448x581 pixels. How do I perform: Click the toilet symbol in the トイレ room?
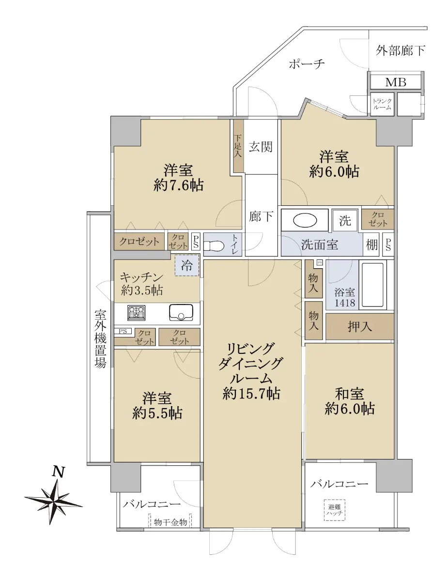[214, 245]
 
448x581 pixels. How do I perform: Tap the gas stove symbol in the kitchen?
[137, 312]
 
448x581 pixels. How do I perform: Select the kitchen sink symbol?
[181, 312]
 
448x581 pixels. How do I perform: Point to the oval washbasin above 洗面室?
[305, 220]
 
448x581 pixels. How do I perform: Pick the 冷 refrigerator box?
[187, 265]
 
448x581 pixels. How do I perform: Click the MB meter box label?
[396, 82]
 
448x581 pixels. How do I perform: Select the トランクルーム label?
[382, 104]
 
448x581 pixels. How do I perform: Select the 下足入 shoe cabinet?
[238, 146]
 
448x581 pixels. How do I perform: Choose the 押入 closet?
[359, 326]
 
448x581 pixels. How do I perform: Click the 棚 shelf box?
[372, 245]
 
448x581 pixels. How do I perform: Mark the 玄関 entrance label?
[261, 147]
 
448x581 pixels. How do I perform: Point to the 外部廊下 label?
[401, 50]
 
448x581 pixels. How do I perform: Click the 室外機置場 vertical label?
[100, 339]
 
